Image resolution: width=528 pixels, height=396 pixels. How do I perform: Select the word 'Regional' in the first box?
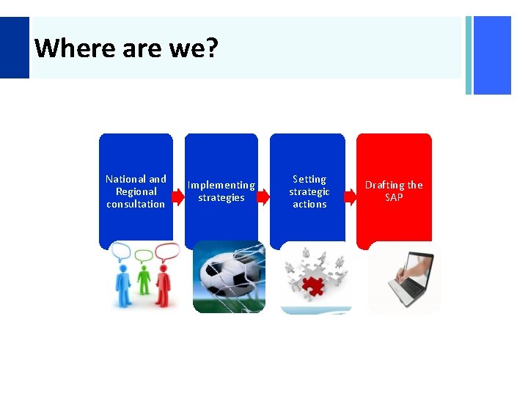pos(136,191)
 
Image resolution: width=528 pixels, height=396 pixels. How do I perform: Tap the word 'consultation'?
pos(136,204)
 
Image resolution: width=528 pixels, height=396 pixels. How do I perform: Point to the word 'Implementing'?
pos(221,186)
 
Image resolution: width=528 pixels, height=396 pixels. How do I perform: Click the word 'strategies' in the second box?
pos(221,198)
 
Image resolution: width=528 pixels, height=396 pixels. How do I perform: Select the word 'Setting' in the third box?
pos(309,179)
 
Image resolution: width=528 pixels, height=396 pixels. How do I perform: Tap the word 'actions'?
pos(309,204)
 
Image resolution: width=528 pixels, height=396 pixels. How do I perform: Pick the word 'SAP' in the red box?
pos(394,198)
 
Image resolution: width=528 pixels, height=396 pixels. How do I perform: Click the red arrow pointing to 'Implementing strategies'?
pos(177,197)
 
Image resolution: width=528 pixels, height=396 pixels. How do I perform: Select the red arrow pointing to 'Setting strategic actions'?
pos(263,197)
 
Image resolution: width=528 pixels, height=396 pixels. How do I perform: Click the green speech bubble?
pos(144,256)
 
